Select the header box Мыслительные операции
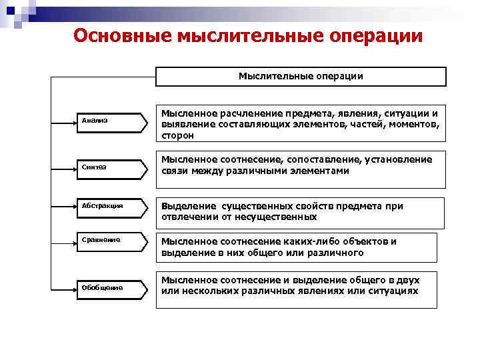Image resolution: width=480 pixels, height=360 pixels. (x=301, y=76)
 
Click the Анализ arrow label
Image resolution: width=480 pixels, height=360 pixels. (x=95, y=121)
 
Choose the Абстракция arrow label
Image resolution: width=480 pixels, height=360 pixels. (x=102, y=205)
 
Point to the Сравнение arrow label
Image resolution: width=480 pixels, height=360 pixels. (x=101, y=239)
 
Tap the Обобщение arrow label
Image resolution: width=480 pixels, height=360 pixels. (x=103, y=287)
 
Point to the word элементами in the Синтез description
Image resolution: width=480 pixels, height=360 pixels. (x=323, y=171)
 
